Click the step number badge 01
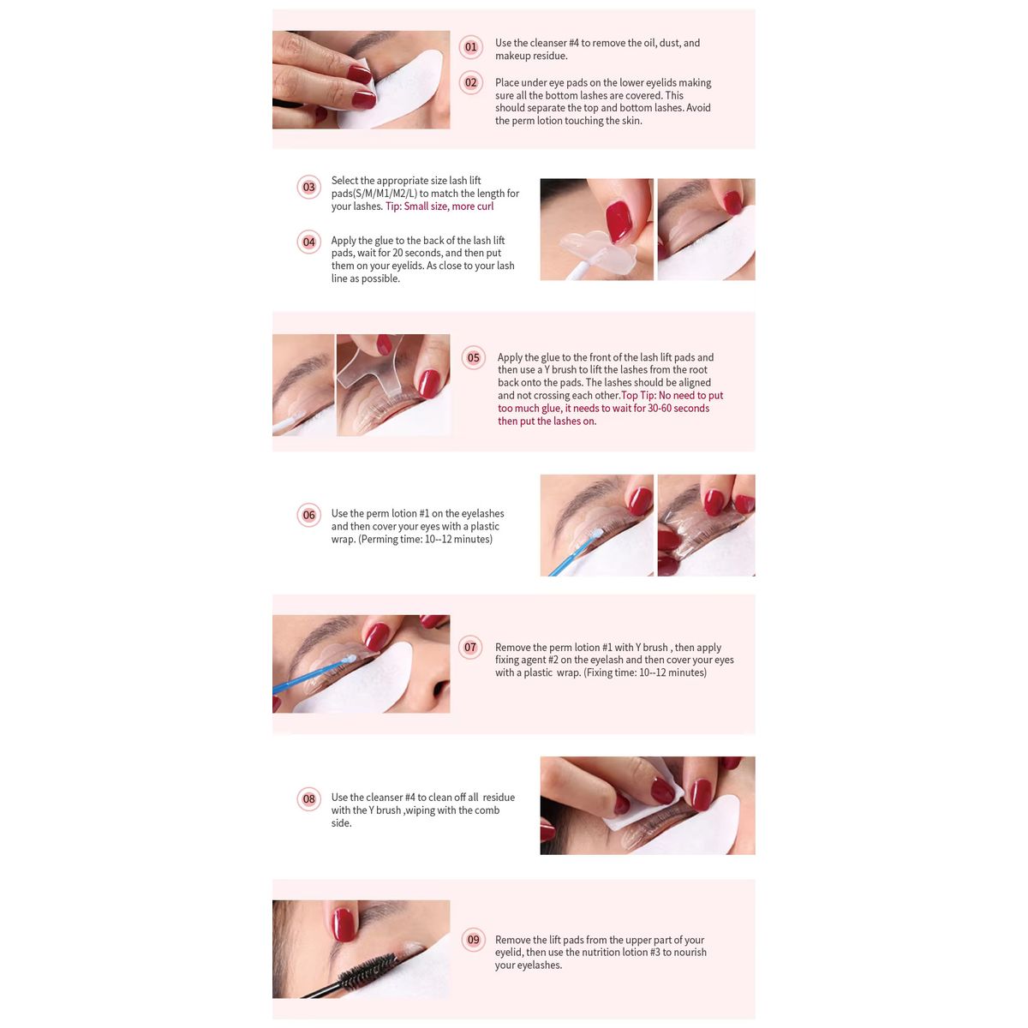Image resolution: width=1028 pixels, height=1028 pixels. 470,46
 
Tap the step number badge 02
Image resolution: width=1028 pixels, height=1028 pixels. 470,82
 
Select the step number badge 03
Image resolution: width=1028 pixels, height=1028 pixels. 308,187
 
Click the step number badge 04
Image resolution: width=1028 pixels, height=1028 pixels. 308,242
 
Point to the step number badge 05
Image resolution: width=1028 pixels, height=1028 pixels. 473,357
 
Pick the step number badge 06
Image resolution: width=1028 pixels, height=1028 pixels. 308,515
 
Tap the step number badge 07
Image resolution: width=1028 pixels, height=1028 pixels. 469,647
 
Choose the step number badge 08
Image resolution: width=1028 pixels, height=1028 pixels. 308,798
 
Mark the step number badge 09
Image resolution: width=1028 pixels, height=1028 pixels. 473,940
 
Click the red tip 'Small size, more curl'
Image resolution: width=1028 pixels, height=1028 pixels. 448,206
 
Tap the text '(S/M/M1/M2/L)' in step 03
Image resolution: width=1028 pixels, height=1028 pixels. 374,194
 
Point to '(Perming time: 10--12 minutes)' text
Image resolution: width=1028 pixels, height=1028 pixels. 425,540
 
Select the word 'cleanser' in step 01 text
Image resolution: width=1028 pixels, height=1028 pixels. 549,43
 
